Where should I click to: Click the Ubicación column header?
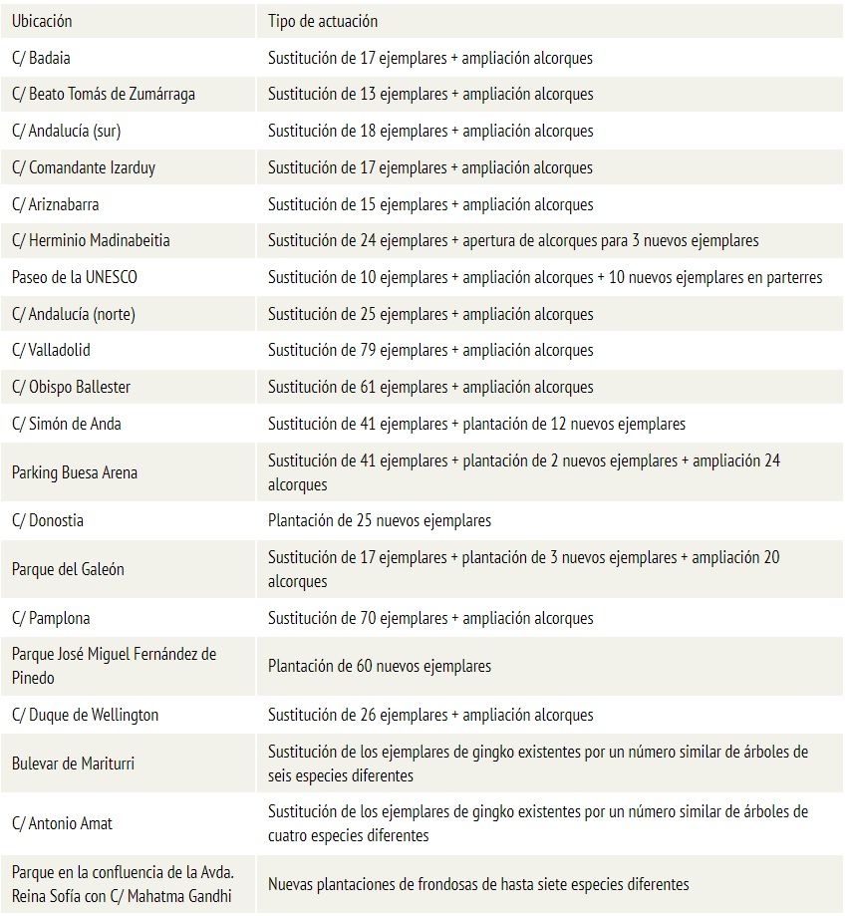click(42, 21)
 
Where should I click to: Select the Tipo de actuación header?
click(323, 21)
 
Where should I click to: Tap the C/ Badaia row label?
click(41, 58)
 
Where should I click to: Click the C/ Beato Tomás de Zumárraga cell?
click(104, 95)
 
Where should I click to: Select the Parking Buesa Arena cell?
click(75, 472)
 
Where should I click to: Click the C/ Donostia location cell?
click(48, 520)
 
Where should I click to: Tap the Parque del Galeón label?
click(69, 569)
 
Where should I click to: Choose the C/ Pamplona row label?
click(51, 618)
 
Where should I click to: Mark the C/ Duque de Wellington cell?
click(85, 715)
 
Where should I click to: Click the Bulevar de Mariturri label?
click(73, 763)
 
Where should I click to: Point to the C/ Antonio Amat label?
click(62, 823)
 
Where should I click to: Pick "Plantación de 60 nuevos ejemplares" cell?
click(380, 666)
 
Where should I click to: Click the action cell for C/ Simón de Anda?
click(476, 424)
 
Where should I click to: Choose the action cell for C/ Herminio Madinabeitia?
click(513, 240)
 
